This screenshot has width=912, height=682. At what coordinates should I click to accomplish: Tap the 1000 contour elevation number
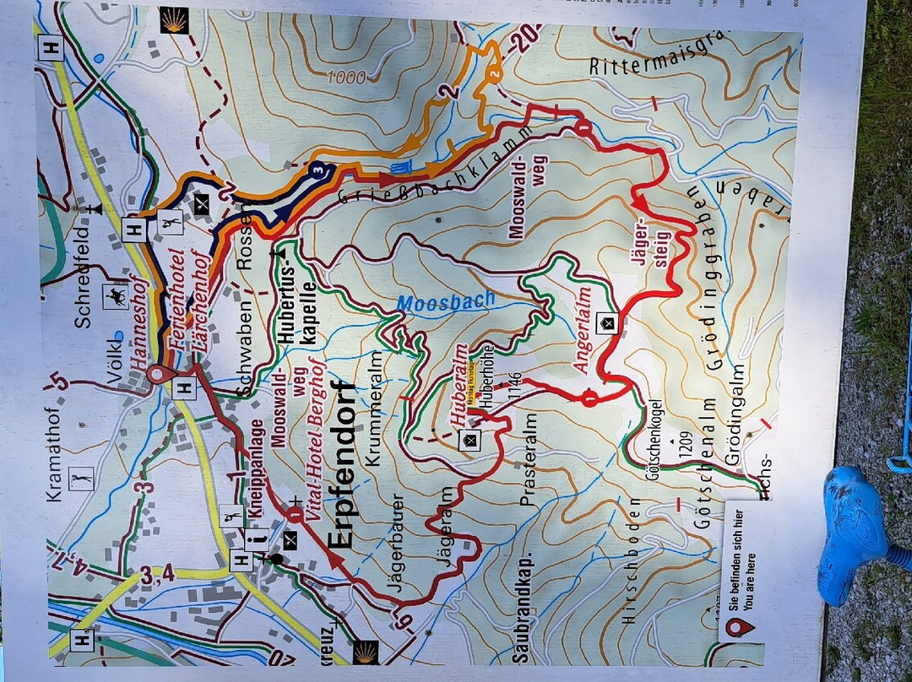(346, 78)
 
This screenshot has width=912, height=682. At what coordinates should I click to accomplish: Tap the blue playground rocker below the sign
(853, 532)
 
